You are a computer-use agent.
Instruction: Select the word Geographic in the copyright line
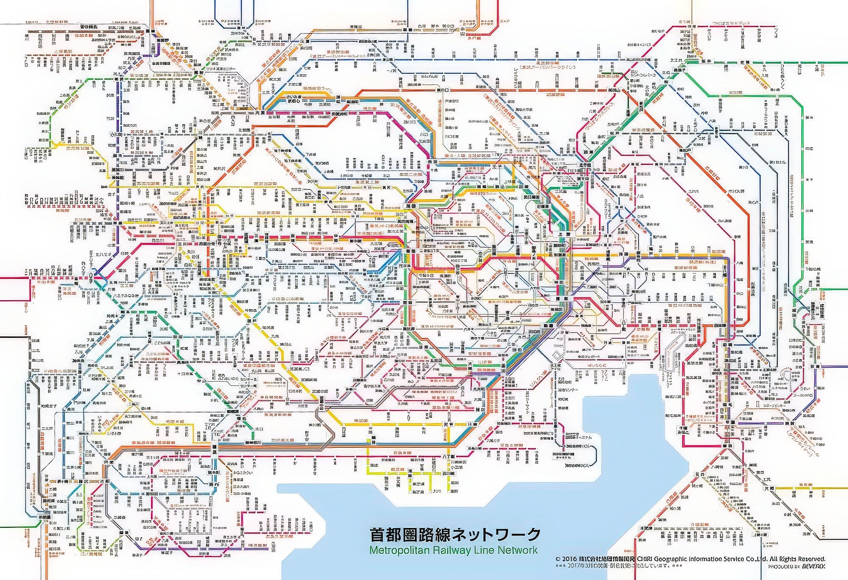(x=663, y=559)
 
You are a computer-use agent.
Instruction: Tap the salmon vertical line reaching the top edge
(x=151, y=13)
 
